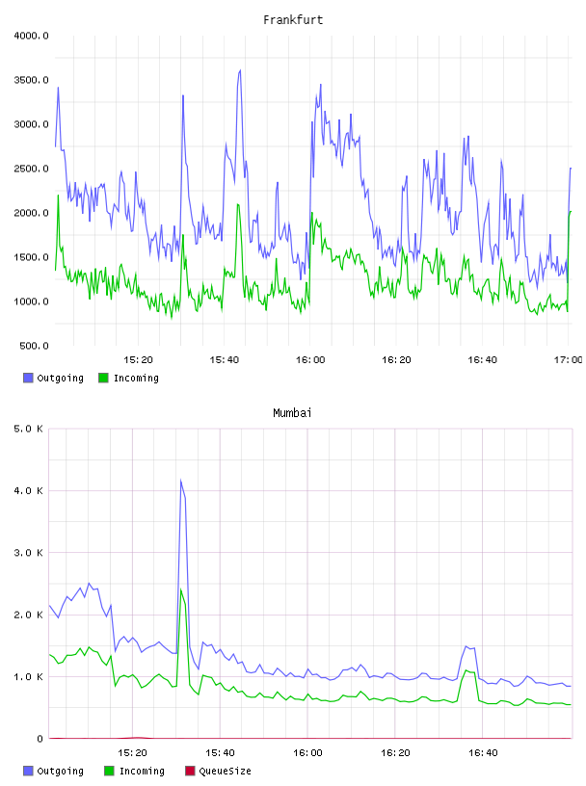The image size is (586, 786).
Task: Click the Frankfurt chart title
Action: pyautogui.click(x=293, y=19)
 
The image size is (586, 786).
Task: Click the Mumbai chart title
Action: pyautogui.click(x=292, y=412)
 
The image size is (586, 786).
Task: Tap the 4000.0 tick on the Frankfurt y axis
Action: pyautogui.click(x=31, y=36)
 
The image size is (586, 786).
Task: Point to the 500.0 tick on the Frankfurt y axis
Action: pyautogui.click(x=34, y=346)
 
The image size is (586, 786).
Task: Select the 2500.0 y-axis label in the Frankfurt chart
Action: pyautogui.click(x=31, y=169)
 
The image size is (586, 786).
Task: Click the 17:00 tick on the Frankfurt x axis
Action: pyautogui.click(x=568, y=359)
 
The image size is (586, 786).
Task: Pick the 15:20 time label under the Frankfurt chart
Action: pyautogui.click(x=138, y=359)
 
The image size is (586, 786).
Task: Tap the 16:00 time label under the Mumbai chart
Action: pyautogui.click(x=307, y=752)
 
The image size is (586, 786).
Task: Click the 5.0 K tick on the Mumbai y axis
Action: pyautogui.click(x=28, y=429)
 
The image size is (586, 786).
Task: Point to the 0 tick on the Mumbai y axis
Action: pyautogui.click(x=40, y=739)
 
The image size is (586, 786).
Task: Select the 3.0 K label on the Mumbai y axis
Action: pyautogui.click(x=28, y=552)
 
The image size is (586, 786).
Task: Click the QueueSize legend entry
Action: pyautogui.click(x=218, y=771)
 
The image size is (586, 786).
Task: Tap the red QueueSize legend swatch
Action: pyautogui.click(x=190, y=771)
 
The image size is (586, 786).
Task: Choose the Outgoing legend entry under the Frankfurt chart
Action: pyautogui.click(x=53, y=378)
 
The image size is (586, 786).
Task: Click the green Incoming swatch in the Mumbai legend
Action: pyautogui.click(x=109, y=771)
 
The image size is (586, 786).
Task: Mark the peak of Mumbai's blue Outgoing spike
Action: pyautogui.click(x=180, y=481)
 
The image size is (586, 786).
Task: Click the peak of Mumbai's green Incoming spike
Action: pyautogui.click(x=181, y=589)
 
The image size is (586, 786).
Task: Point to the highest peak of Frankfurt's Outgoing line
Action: pyautogui.click(x=240, y=70)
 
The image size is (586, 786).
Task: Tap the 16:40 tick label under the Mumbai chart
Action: pyautogui.click(x=483, y=752)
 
